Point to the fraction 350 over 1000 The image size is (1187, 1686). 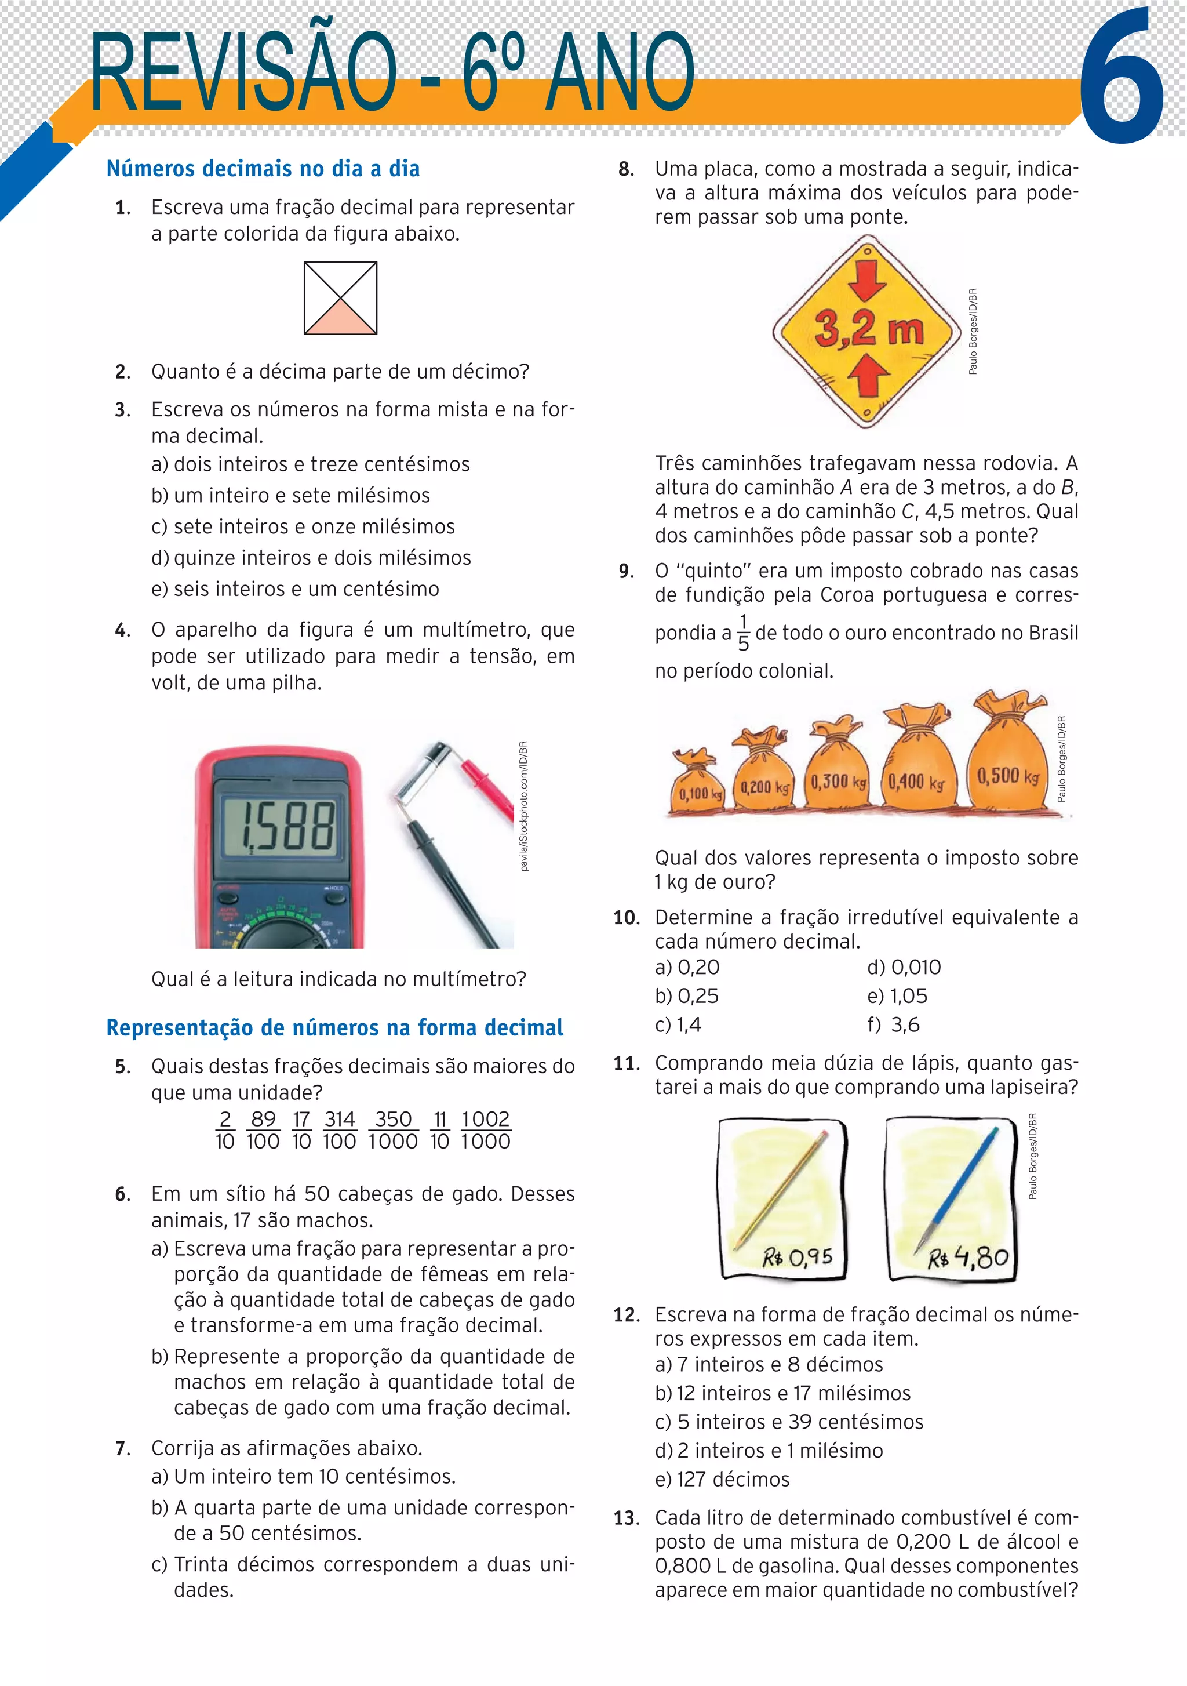tap(393, 1130)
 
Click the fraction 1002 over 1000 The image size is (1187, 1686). tap(485, 1130)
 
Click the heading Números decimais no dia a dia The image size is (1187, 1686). tap(263, 169)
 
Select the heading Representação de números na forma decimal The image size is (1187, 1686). tap(335, 1027)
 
